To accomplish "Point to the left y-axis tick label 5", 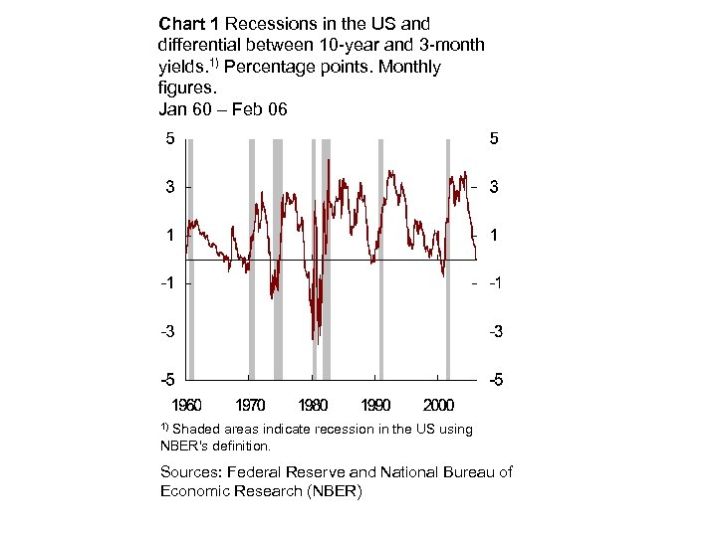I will (170, 139).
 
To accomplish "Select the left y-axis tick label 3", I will (170, 187).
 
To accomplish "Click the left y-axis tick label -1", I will (168, 283).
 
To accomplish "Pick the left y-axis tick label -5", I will (168, 380).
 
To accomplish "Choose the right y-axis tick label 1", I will (494, 236).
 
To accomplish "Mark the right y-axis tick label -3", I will (495, 332).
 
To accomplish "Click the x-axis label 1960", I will (186, 406).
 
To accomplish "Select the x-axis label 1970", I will (250, 406).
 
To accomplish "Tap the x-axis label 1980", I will (313, 406).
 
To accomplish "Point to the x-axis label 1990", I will (375, 406).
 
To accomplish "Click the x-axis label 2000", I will (439, 406).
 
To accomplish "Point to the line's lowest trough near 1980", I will (315, 341).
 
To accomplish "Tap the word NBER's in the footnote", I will (185, 447).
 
